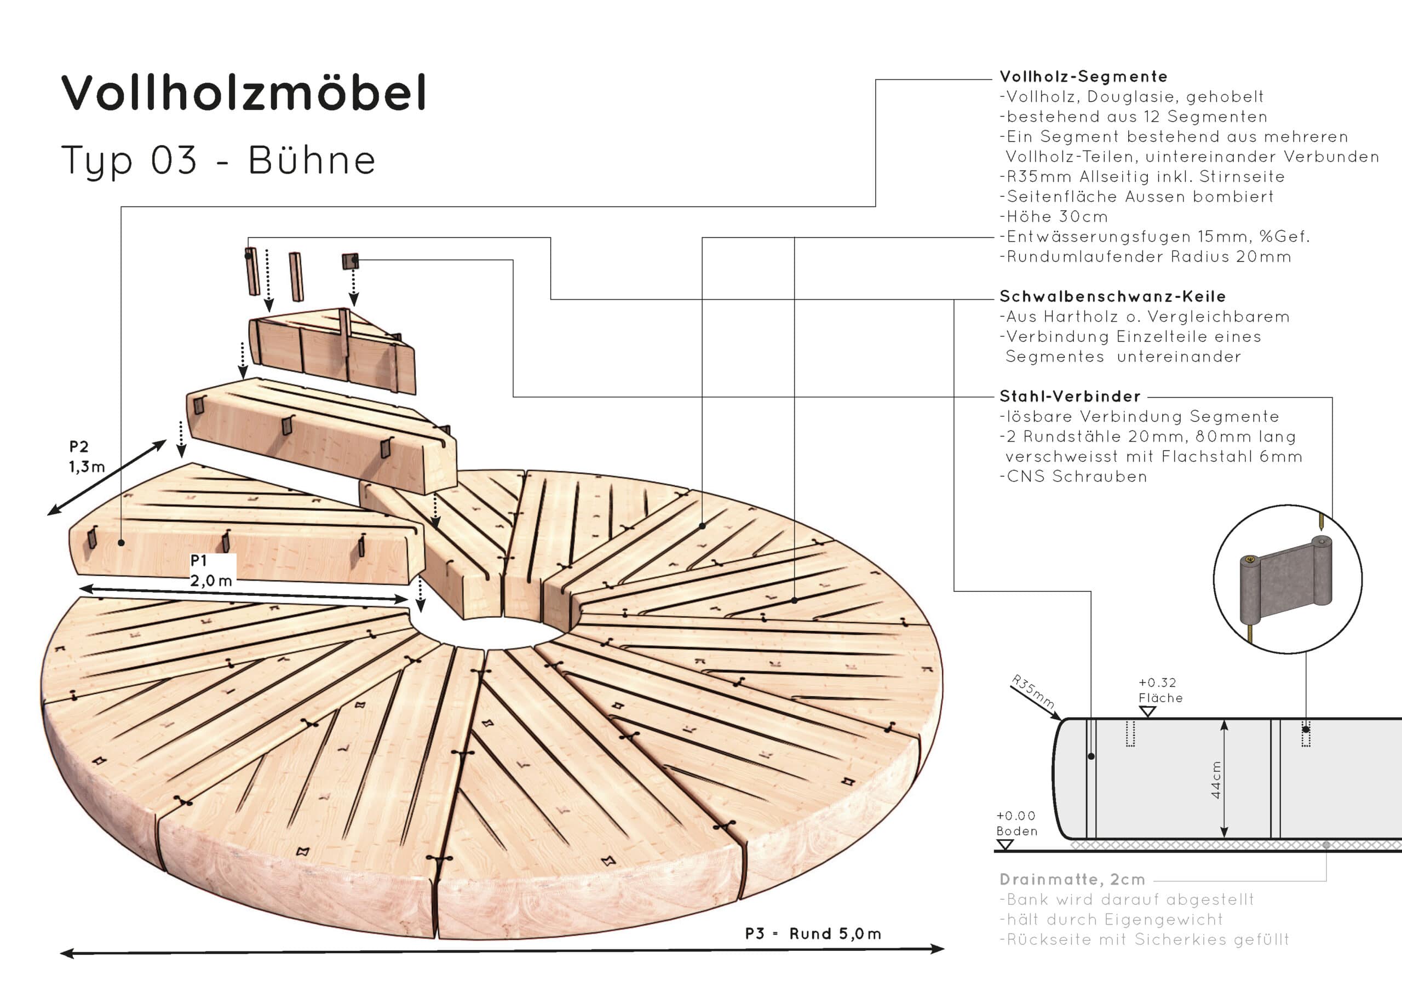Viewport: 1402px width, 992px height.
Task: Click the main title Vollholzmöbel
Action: pyautogui.click(x=244, y=93)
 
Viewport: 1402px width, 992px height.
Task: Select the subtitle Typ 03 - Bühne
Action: pyautogui.click(x=218, y=160)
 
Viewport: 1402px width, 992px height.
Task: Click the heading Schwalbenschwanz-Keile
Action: pyautogui.click(x=1112, y=297)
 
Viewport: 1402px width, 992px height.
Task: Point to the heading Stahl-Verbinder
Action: pyautogui.click(x=1070, y=397)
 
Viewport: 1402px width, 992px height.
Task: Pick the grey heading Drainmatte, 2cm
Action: pyautogui.click(x=1072, y=880)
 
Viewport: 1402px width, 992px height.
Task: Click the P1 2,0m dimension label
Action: pyautogui.click(x=211, y=571)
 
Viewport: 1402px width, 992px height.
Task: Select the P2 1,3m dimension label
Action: pyautogui.click(x=86, y=457)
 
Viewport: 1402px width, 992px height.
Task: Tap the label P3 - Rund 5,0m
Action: pyautogui.click(x=813, y=934)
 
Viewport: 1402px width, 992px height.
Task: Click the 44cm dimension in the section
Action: pyautogui.click(x=1216, y=780)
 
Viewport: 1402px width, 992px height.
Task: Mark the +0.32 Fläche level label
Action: pyautogui.click(x=1159, y=690)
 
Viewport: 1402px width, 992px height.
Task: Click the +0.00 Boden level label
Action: pyautogui.click(x=1016, y=823)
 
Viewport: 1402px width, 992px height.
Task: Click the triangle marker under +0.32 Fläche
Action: pyautogui.click(x=1147, y=712)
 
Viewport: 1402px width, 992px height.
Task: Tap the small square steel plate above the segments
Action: pyautogui.click(x=350, y=261)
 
